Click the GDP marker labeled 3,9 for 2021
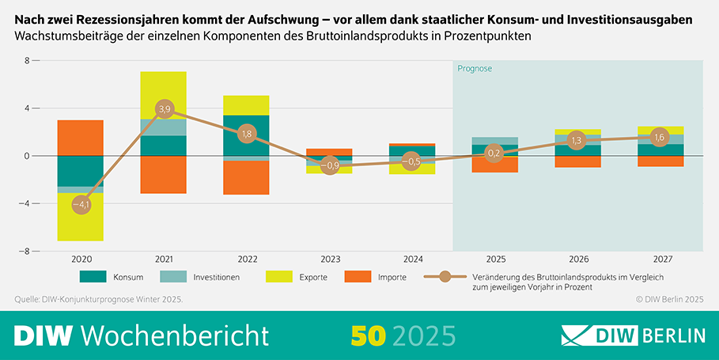[x=164, y=108]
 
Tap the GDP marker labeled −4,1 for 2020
[x=81, y=205]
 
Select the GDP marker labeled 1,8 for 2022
[x=246, y=134]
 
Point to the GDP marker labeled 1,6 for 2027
[x=659, y=137]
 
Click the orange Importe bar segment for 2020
[x=81, y=138]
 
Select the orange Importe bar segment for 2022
[x=246, y=177]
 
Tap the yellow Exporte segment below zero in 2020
[x=81, y=225]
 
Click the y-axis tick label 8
[x=27, y=61]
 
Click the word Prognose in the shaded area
[x=475, y=69]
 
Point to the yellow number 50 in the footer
[x=369, y=335]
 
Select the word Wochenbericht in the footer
[x=175, y=335]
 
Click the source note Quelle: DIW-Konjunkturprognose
[x=99, y=299]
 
